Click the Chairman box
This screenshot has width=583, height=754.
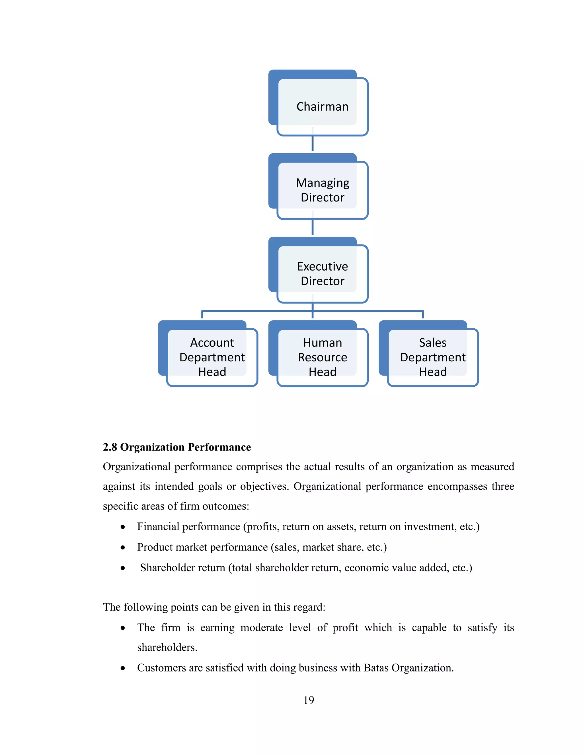pyautogui.click(x=322, y=107)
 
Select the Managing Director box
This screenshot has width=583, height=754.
pyautogui.click(x=322, y=190)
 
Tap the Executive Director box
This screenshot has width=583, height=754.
pyautogui.click(x=322, y=273)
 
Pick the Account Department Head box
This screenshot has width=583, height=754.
pyautogui.click(x=212, y=357)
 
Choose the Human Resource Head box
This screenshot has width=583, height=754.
pyautogui.click(x=322, y=357)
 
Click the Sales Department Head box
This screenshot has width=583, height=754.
pyautogui.click(x=432, y=357)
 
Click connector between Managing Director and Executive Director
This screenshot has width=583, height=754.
pyautogui.click(x=313, y=227)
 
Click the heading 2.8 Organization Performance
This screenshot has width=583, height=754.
pyautogui.click(x=176, y=447)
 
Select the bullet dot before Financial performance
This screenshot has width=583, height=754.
pyautogui.click(x=123, y=527)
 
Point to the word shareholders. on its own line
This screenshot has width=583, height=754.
pyautogui.click(x=167, y=647)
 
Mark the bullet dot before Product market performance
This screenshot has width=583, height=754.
pyautogui.click(x=123, y=547)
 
